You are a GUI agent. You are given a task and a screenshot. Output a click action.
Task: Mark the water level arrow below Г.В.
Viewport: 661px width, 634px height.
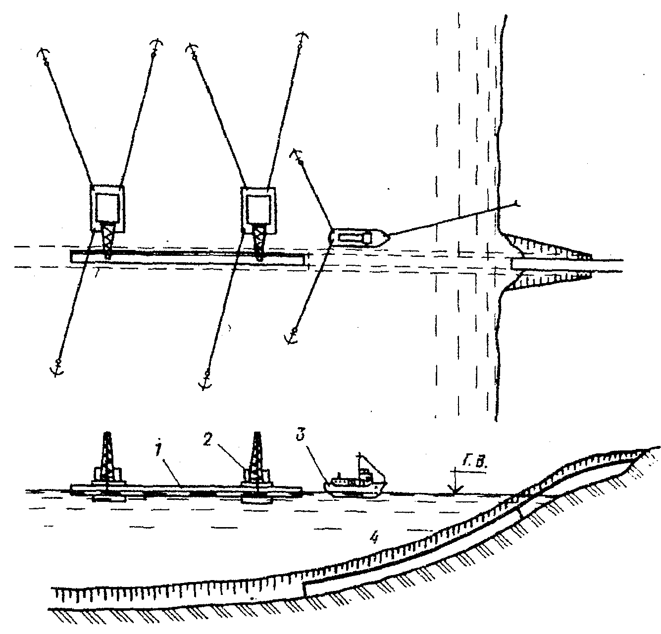[x=454, y=485]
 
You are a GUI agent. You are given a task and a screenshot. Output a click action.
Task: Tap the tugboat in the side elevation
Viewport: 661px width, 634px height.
[x=354, y=485]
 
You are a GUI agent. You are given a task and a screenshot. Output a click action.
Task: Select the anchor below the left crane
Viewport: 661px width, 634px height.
[x=57, y=369]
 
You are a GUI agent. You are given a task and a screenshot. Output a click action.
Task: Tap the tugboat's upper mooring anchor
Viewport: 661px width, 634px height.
[x=297, y=154]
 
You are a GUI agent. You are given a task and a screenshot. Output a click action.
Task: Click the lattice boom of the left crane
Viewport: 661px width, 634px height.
[x=108, y=240]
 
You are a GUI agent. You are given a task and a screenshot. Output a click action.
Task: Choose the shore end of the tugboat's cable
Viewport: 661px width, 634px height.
[x=515, y=202]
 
